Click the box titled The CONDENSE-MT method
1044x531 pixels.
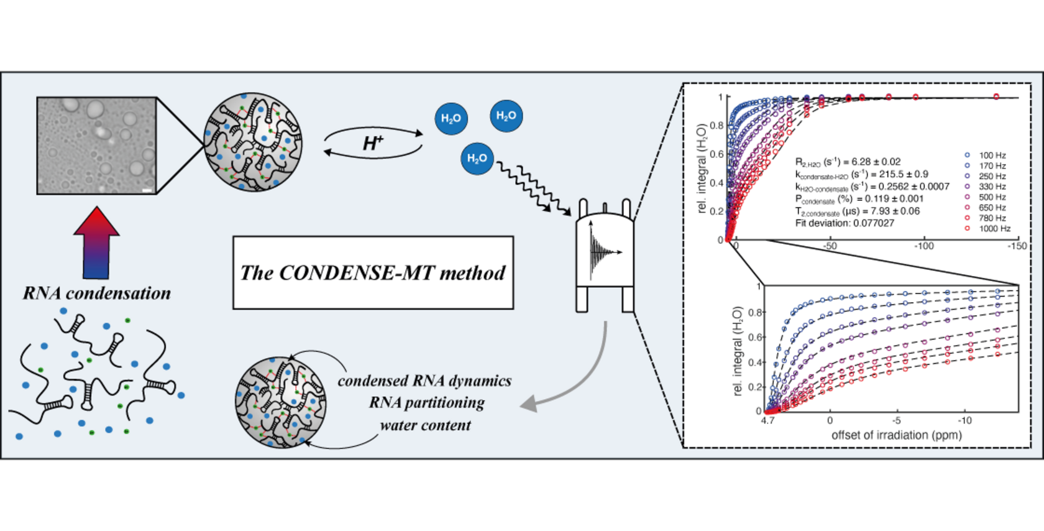(x=373, y=272)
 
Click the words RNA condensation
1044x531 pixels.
(x=97, y=293)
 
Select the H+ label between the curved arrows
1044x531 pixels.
(x=372, y=144)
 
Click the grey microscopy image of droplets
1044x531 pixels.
(x=96, y=145)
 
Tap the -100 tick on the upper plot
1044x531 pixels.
(x=923, y=246)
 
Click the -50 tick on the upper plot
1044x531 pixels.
(x=830, y=246)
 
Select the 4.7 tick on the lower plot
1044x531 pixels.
(x=768, y=421)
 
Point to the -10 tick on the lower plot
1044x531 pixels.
(x=964, y=421)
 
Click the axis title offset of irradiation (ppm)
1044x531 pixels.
(x=896, y=435)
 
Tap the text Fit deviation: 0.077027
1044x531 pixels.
(x=845, y=223)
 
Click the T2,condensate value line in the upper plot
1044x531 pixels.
(x=858, y=211)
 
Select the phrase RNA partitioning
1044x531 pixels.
(x=427, y=403)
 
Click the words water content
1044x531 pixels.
(x=426, y=425)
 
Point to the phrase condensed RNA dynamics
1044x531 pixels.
(x=424, y=381)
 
